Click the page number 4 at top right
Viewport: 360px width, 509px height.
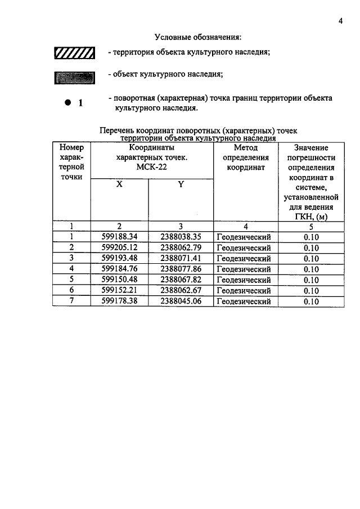[340, 21]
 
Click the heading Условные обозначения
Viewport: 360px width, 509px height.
[197, 37]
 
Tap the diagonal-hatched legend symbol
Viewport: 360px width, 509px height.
[73, 54]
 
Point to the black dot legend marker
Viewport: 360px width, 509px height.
[67, 102]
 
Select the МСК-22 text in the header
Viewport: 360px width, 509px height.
[151, 167]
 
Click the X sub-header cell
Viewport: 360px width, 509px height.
[119, 184]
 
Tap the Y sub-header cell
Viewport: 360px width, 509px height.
[181, 184]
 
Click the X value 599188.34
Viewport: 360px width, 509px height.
[119, 237]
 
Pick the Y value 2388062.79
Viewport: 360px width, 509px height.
[181, 247]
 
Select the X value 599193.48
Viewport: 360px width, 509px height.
[119, 258]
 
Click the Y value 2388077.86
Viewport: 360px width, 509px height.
[181, 269]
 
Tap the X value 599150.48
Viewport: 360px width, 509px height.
[119, 280]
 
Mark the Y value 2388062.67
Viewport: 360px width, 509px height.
[181, 290]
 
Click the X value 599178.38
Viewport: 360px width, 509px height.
[119, 301]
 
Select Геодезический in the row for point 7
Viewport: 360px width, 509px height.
[244, 301]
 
